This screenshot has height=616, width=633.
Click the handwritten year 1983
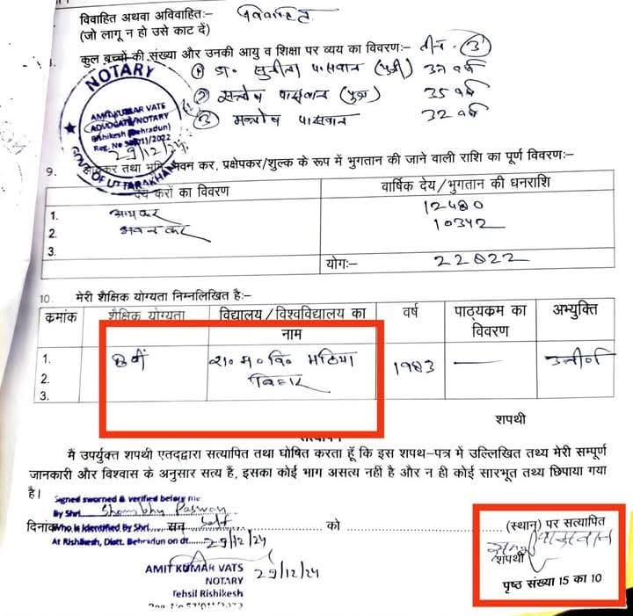[x=411, y=363]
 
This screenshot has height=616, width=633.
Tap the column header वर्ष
[x=409, y=311]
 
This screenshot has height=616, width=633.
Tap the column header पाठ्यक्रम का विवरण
[x=491, y=318]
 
